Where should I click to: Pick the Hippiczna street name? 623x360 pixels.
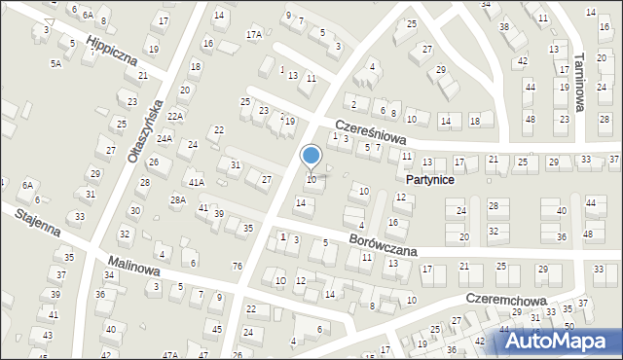[109, 54]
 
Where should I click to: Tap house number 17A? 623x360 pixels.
[253, 35]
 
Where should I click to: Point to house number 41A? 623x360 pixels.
[197, 182]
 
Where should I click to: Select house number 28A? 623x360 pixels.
[178, 200]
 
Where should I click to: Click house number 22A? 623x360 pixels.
[175, 117]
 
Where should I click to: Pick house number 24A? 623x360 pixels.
[165, 139]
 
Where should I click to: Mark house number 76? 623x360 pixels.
[237, 266]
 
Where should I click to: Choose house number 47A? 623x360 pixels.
[170, 355]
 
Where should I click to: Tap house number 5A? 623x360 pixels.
[56, 63]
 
